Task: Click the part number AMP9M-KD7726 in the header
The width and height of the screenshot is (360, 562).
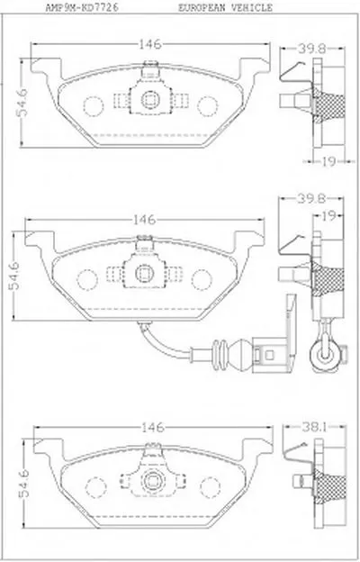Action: click(x=82, y=7)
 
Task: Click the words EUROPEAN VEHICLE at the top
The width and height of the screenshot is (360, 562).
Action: click(x=225, y=7)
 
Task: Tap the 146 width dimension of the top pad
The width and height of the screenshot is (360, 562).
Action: click(x=150, y=44)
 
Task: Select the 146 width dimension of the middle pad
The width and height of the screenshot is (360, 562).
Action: click(x=144, y=220)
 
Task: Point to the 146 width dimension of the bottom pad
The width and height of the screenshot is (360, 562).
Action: click(x=153, y=427)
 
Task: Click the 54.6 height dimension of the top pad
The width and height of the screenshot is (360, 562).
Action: click(x=22, y=103)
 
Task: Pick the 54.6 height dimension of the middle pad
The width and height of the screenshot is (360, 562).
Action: click(x=14, y=276)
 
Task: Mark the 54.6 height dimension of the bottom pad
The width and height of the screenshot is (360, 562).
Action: click(x=24, y=484)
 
